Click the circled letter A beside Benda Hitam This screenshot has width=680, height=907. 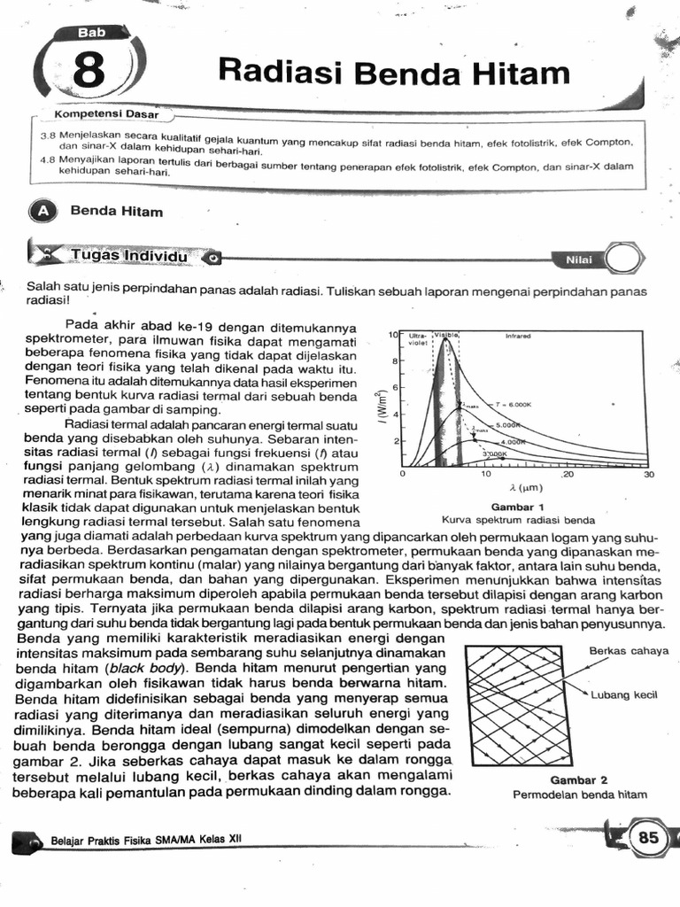click(x=42, y=212)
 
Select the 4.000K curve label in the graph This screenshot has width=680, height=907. click(x=513, y=440)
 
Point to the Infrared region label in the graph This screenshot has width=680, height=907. click(x=517, y=337)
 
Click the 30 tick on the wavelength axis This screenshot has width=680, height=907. click(x=648, y=476)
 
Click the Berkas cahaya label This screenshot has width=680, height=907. click(x=629, y=651)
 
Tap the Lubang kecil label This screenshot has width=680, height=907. click(x=630, y=694)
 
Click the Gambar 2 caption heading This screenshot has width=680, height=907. click(x=579, y=780)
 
